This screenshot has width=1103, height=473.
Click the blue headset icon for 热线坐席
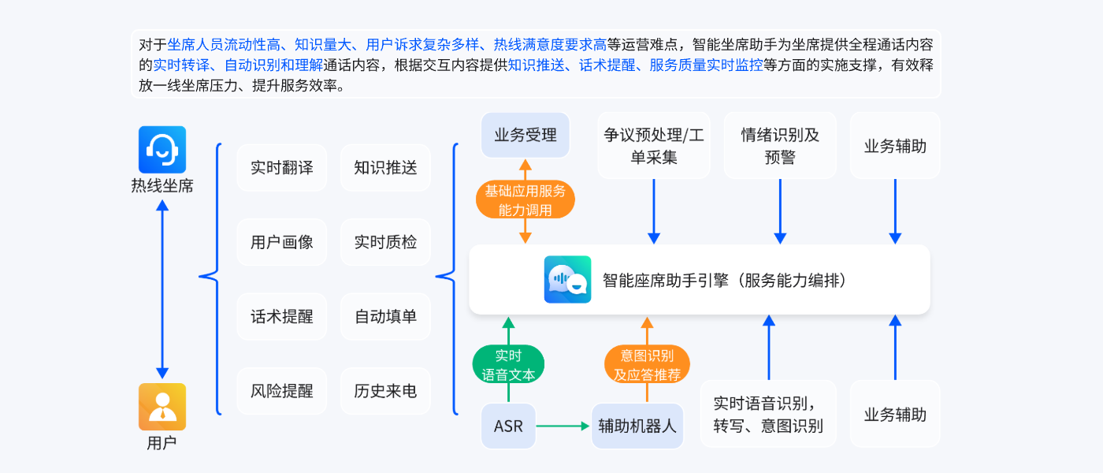[x=162, y=149]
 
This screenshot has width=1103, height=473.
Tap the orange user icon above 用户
[x=162, y=407]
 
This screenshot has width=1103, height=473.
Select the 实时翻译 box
[x=282, y=167]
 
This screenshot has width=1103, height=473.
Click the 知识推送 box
[x=385, y=167]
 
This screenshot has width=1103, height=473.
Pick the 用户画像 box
[x=282, y=242]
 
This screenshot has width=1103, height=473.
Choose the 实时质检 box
[x=385, y=242]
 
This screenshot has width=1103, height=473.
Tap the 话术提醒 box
[x=282, y=316]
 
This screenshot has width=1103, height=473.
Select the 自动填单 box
[x=385, y=316]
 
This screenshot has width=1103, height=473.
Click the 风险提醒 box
[x=282, y=391]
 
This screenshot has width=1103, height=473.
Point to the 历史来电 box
[x=385, y=391]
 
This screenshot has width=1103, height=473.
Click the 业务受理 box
[x=526, y=135]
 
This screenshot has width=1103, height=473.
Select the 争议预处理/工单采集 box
[x=654, y=146]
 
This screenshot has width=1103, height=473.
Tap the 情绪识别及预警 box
[x=780, y=146]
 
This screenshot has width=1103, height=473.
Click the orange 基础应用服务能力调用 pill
[x=526, y=200]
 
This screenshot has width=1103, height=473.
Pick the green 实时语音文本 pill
[x=508, y=365]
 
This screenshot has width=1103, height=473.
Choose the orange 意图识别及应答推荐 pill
[x=647, y=365]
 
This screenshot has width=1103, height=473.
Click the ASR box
[x=508, y=426]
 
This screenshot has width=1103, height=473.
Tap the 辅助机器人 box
[x=637, y=426]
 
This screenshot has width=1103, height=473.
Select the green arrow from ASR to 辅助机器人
[x=563, y=426]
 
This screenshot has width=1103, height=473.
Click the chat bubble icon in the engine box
[x=567, y=280]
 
